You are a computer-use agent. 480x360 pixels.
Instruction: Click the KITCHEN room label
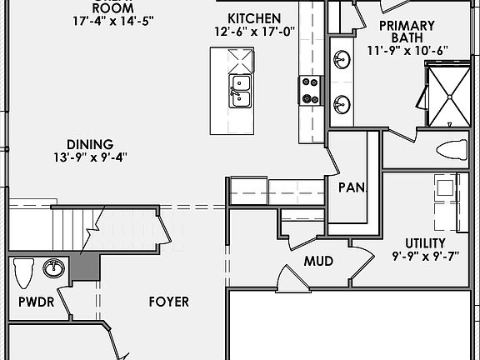254,18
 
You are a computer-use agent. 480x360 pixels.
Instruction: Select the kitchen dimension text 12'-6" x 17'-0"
253,32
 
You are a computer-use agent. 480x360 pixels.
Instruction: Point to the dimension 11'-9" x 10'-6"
408,50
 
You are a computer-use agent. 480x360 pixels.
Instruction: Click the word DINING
91,143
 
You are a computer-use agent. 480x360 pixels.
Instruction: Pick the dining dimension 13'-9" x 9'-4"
91,157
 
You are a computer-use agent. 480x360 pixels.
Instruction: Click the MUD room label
318,261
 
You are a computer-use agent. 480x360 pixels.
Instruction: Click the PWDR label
36,302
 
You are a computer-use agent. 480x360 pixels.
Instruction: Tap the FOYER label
168,302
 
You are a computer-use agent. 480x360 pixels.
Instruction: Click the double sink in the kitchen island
240,90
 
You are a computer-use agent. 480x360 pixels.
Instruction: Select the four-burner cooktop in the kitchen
310,90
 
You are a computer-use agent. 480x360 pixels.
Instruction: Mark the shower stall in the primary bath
449,93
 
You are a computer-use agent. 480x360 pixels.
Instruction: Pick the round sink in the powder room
54,267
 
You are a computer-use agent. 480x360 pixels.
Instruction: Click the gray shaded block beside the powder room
84,267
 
